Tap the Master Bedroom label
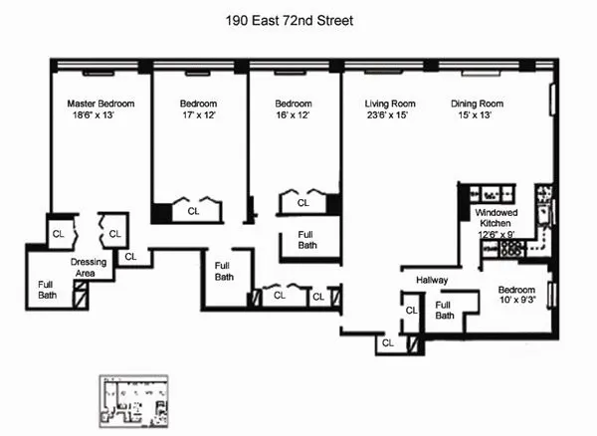pyautogui.click(x=100, y=104)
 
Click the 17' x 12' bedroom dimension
pyautogui.click(x=198, y=116)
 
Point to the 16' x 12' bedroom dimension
pyautogui.click(x=294, y=116)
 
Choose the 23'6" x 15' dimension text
pyautogui.click(x=388, y=116)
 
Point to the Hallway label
pyautogui.click(x=434, y=280)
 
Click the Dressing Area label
pyautogui.click(x=88, y=268)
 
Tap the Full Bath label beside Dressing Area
pyautogui.click(x=47, y=290)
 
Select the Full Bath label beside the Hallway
pyautogui.click(x=444, y=311)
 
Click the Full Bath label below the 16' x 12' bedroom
pyautogui.click(x=307, y=240)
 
